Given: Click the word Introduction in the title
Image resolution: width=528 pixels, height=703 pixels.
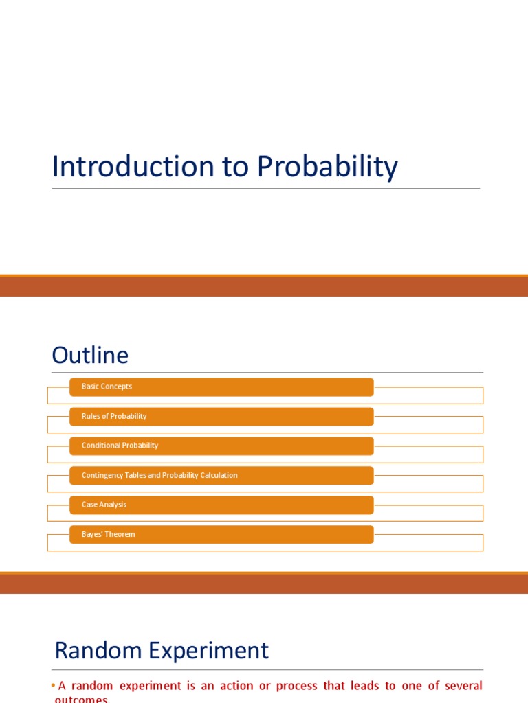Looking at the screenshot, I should tap(124, 167).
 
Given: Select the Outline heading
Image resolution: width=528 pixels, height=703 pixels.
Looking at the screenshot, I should tap(90, 356).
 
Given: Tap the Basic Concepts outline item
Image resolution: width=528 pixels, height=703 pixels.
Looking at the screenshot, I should tap(107, 387).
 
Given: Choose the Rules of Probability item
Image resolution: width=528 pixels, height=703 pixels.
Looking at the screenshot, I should tap(114, 416).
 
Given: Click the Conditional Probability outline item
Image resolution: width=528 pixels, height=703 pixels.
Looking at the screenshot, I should tap(120, 446).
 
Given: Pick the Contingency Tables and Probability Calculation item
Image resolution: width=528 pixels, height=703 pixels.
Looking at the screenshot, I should tap(159, 475).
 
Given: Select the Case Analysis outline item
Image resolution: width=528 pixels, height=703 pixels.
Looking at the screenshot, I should tap(104, 505).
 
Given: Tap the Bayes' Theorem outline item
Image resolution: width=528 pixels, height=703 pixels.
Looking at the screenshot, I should tap(108, 534).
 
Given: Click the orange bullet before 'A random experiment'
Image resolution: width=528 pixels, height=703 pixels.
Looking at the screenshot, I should tap(54, 686).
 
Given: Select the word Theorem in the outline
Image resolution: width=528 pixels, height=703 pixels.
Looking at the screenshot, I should tap(120, 534).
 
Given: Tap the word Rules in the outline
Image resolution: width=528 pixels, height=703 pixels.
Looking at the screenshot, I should tap(91, 416).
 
